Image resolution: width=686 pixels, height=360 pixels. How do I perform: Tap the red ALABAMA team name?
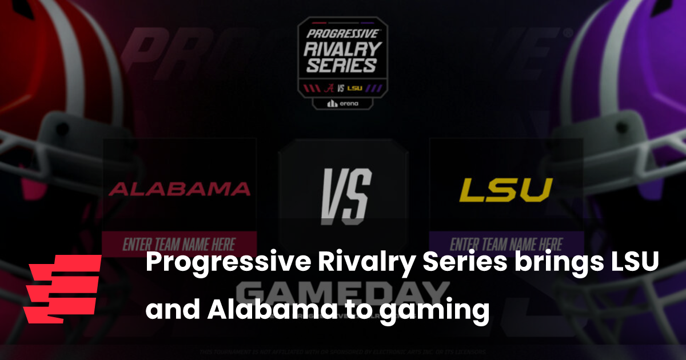180,189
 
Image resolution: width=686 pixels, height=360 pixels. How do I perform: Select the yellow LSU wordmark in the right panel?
506,190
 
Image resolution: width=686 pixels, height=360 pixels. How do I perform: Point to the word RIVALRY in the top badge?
341,49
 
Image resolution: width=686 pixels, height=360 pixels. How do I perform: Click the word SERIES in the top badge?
341,65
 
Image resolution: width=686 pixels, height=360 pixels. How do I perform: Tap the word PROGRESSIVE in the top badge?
341,34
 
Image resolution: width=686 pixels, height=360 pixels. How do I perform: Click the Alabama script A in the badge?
330,88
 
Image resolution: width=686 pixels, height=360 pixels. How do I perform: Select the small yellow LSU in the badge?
356,89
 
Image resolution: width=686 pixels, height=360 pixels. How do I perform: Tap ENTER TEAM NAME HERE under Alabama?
180,244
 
